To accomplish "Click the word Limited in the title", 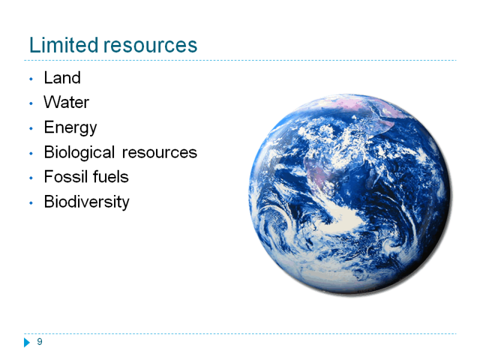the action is [64, 45].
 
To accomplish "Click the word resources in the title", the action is [151, 46].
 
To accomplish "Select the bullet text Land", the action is [62, 77].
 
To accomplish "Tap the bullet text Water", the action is [67, 102].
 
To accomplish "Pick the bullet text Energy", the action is [70, 128].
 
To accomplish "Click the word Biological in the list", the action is [79, 152].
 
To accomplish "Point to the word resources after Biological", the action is [160, 153].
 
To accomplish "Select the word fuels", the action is [111, 176].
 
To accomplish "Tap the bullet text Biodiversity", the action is [86, 202].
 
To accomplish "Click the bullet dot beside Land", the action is [31, 79].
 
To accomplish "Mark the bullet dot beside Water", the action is [31, 104].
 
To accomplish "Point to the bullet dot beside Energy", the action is [31, 128].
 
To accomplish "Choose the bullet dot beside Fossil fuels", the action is [31, 178].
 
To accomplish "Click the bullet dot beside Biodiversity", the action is [31, 203].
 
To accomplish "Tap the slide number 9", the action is [40, 341].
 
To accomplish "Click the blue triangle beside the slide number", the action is [27, 343].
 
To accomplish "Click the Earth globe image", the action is [350, 194].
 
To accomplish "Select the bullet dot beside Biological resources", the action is [31, 154].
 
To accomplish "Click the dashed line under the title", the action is [241, 61].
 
